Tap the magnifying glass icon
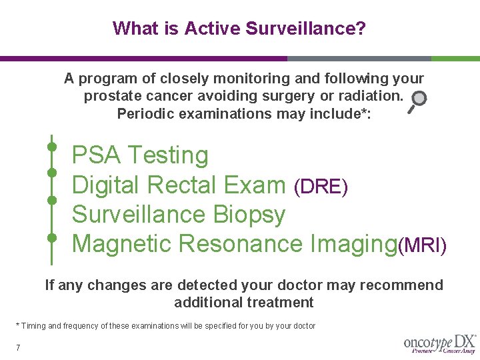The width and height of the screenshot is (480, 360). coord(417,101)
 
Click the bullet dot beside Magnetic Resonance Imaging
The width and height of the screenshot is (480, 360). coord(51,237)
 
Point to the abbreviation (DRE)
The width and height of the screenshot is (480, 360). coord(321,187)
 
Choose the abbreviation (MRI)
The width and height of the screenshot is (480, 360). coord(422,245)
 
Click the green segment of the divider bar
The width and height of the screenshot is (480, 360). coord(455,59)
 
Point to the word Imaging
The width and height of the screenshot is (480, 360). coord(353,244)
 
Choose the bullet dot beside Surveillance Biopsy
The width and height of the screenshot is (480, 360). coord(51,200)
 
